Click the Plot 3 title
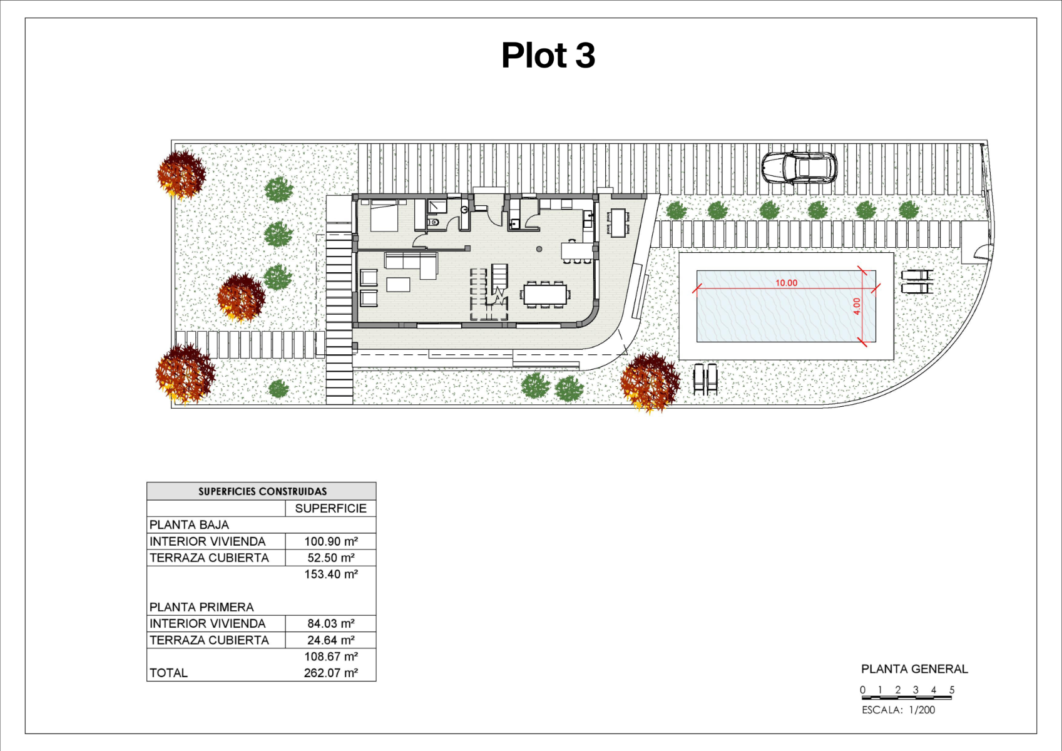point(548,56)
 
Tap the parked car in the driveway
point(799,168)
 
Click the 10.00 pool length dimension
point(786,283)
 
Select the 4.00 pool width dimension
point(856,306)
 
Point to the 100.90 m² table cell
point(331,541)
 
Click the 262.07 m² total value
point(331,673)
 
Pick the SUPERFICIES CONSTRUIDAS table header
point(262,491)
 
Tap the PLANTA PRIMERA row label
point(202,607)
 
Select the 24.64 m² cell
point(331,640)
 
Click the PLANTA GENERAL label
point(914,669)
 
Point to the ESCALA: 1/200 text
point(899,710)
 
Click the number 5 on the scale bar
point(951,690)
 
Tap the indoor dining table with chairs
point(545,294)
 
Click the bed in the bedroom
point(384,216)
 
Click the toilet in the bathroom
point(433,222)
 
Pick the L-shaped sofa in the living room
point(411,265)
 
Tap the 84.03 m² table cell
point(331,623)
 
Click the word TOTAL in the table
point(168,673)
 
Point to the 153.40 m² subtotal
point(331,574)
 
